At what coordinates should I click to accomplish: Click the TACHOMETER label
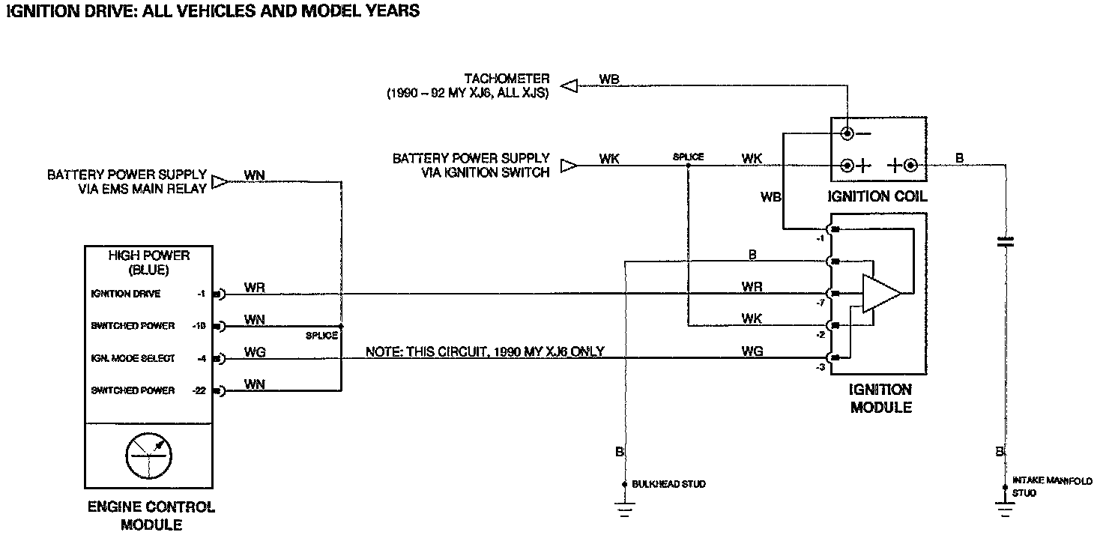pos(507,79)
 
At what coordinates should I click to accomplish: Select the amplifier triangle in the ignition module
pos(881,293)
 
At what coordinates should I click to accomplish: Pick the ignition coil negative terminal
pos(847,134)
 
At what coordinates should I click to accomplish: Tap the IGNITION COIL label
pos(877,197)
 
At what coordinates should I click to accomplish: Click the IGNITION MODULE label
pos(880,399)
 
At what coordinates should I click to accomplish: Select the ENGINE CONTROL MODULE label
pos(151,516)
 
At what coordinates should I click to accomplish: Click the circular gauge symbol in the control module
pos(149,455)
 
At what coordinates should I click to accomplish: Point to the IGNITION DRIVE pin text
pos(125,294)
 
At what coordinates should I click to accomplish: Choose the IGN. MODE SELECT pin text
pos(133,359)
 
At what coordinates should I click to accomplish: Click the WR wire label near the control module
pos(255,287)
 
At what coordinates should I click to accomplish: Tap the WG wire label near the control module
pos(255,351)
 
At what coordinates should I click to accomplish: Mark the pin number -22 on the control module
pos(199,390)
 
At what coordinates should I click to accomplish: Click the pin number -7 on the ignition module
pos(819,303)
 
